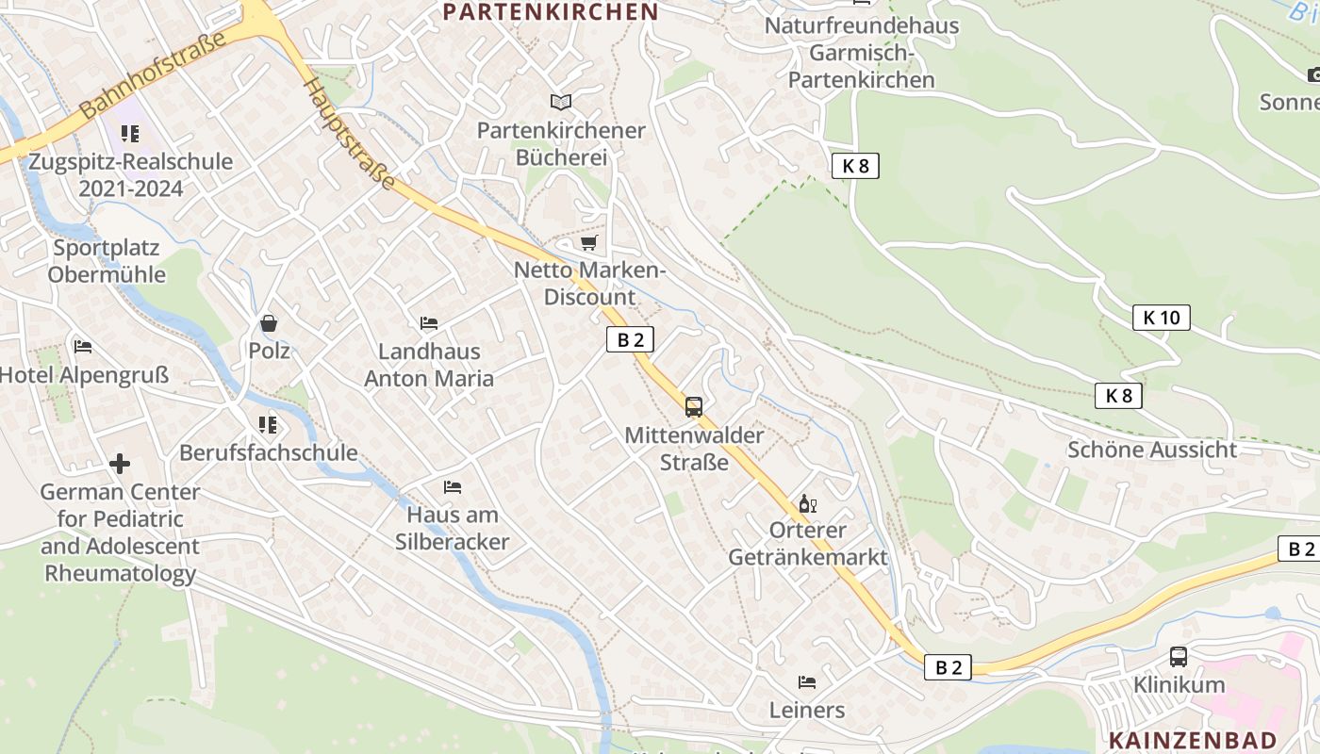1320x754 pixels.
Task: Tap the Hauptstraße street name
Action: (348, 133)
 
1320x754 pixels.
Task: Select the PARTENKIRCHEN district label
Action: (550, 12)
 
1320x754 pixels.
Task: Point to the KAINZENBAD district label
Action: (1193, 740)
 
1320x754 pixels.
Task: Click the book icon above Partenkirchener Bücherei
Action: (561, 102)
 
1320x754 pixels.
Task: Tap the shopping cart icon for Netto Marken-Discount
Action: (589, 243)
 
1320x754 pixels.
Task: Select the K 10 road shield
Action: (1161, 318)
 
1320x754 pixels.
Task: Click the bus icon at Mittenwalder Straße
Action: (694, 407)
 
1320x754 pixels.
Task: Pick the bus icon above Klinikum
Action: (1179, 657)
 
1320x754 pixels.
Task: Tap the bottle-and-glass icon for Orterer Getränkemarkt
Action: (807, 503)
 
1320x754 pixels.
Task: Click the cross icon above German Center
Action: (120, 464)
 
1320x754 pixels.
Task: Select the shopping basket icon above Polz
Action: (269, 324)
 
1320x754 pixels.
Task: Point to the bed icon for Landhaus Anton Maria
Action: (429, 323)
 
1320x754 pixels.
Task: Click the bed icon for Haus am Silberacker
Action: (453, 487)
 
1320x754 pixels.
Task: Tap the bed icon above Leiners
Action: (807, 681)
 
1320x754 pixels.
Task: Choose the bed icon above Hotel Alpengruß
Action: (83, 347)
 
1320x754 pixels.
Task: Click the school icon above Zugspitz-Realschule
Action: (130, 134)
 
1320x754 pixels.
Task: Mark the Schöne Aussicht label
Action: (1151, 450)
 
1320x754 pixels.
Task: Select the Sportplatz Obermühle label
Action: (107, 261)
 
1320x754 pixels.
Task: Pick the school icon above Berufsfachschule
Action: (269, 425)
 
